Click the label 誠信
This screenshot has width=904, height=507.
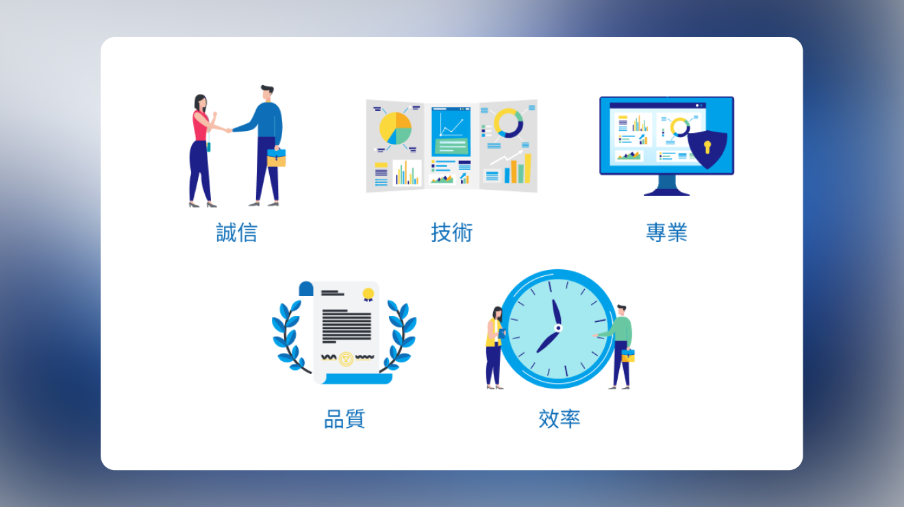[x=236, y=232]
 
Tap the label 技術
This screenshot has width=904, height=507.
[x=451, y=232]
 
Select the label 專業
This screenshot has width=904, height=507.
[x=666, y=232]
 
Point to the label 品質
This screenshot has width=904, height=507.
[x=344, y=419]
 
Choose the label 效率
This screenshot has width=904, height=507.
[x=559, y=419]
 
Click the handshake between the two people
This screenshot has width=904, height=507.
[x=229, y=130]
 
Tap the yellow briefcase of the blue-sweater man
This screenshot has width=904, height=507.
[x=277, y=158]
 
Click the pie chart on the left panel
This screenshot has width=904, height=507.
[x=396, y=128]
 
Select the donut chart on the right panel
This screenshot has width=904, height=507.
[x=508, y=123]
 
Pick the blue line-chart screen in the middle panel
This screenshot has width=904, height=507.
[x=451, y=131]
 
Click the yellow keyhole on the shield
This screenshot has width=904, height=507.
[x=707, y=147]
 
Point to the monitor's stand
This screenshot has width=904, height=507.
[x=667, y=186]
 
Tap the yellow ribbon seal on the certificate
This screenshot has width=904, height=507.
[x=368, y=295]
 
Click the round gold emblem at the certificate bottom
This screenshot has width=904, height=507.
[x=346, y=359]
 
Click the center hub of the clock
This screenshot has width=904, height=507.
[x=558, y=328]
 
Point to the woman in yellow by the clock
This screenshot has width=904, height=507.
[x=495, y=348]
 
